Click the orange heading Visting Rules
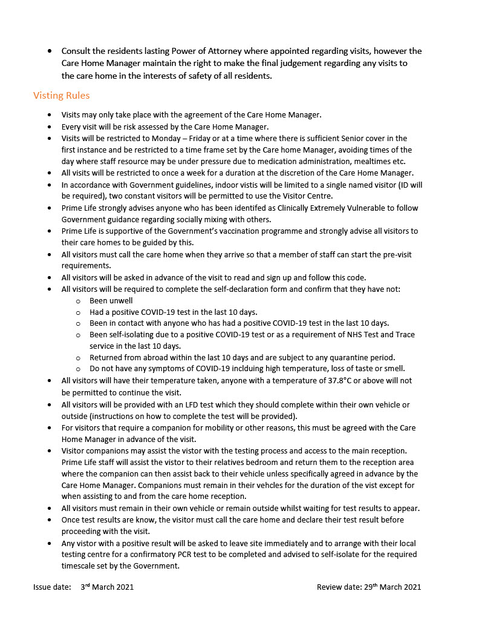pos(61,96)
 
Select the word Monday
pos(166,139)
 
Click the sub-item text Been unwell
pos(111,300)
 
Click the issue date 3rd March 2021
pos(107,587)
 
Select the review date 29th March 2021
pos(390,587)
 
